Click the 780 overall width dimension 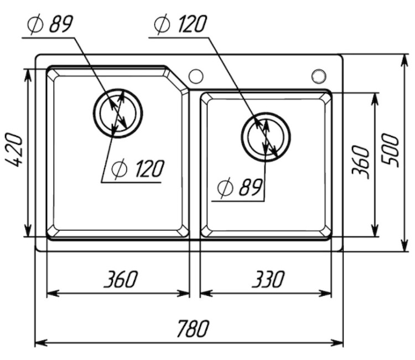193,329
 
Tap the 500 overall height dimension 390,150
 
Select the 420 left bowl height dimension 13,150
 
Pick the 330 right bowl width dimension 268,279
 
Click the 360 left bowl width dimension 121,279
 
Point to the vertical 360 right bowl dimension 360,162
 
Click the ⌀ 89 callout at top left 50,24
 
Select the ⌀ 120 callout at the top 180,24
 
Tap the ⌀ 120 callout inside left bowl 138,168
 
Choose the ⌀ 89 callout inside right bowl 240,187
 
